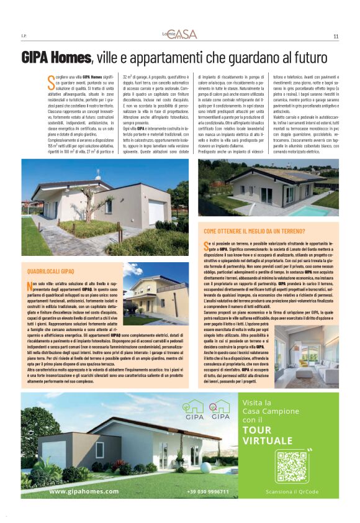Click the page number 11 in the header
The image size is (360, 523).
[x=335, y=36]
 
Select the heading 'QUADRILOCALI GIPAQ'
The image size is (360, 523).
[x=51, y=272]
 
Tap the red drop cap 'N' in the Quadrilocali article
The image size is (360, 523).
[x=30, y=286]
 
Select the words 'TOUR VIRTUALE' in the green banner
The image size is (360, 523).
[x=268, y=435]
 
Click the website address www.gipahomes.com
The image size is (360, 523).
[x=84, y=491]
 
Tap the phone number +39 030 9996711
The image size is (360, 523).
[x=207, y=491]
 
